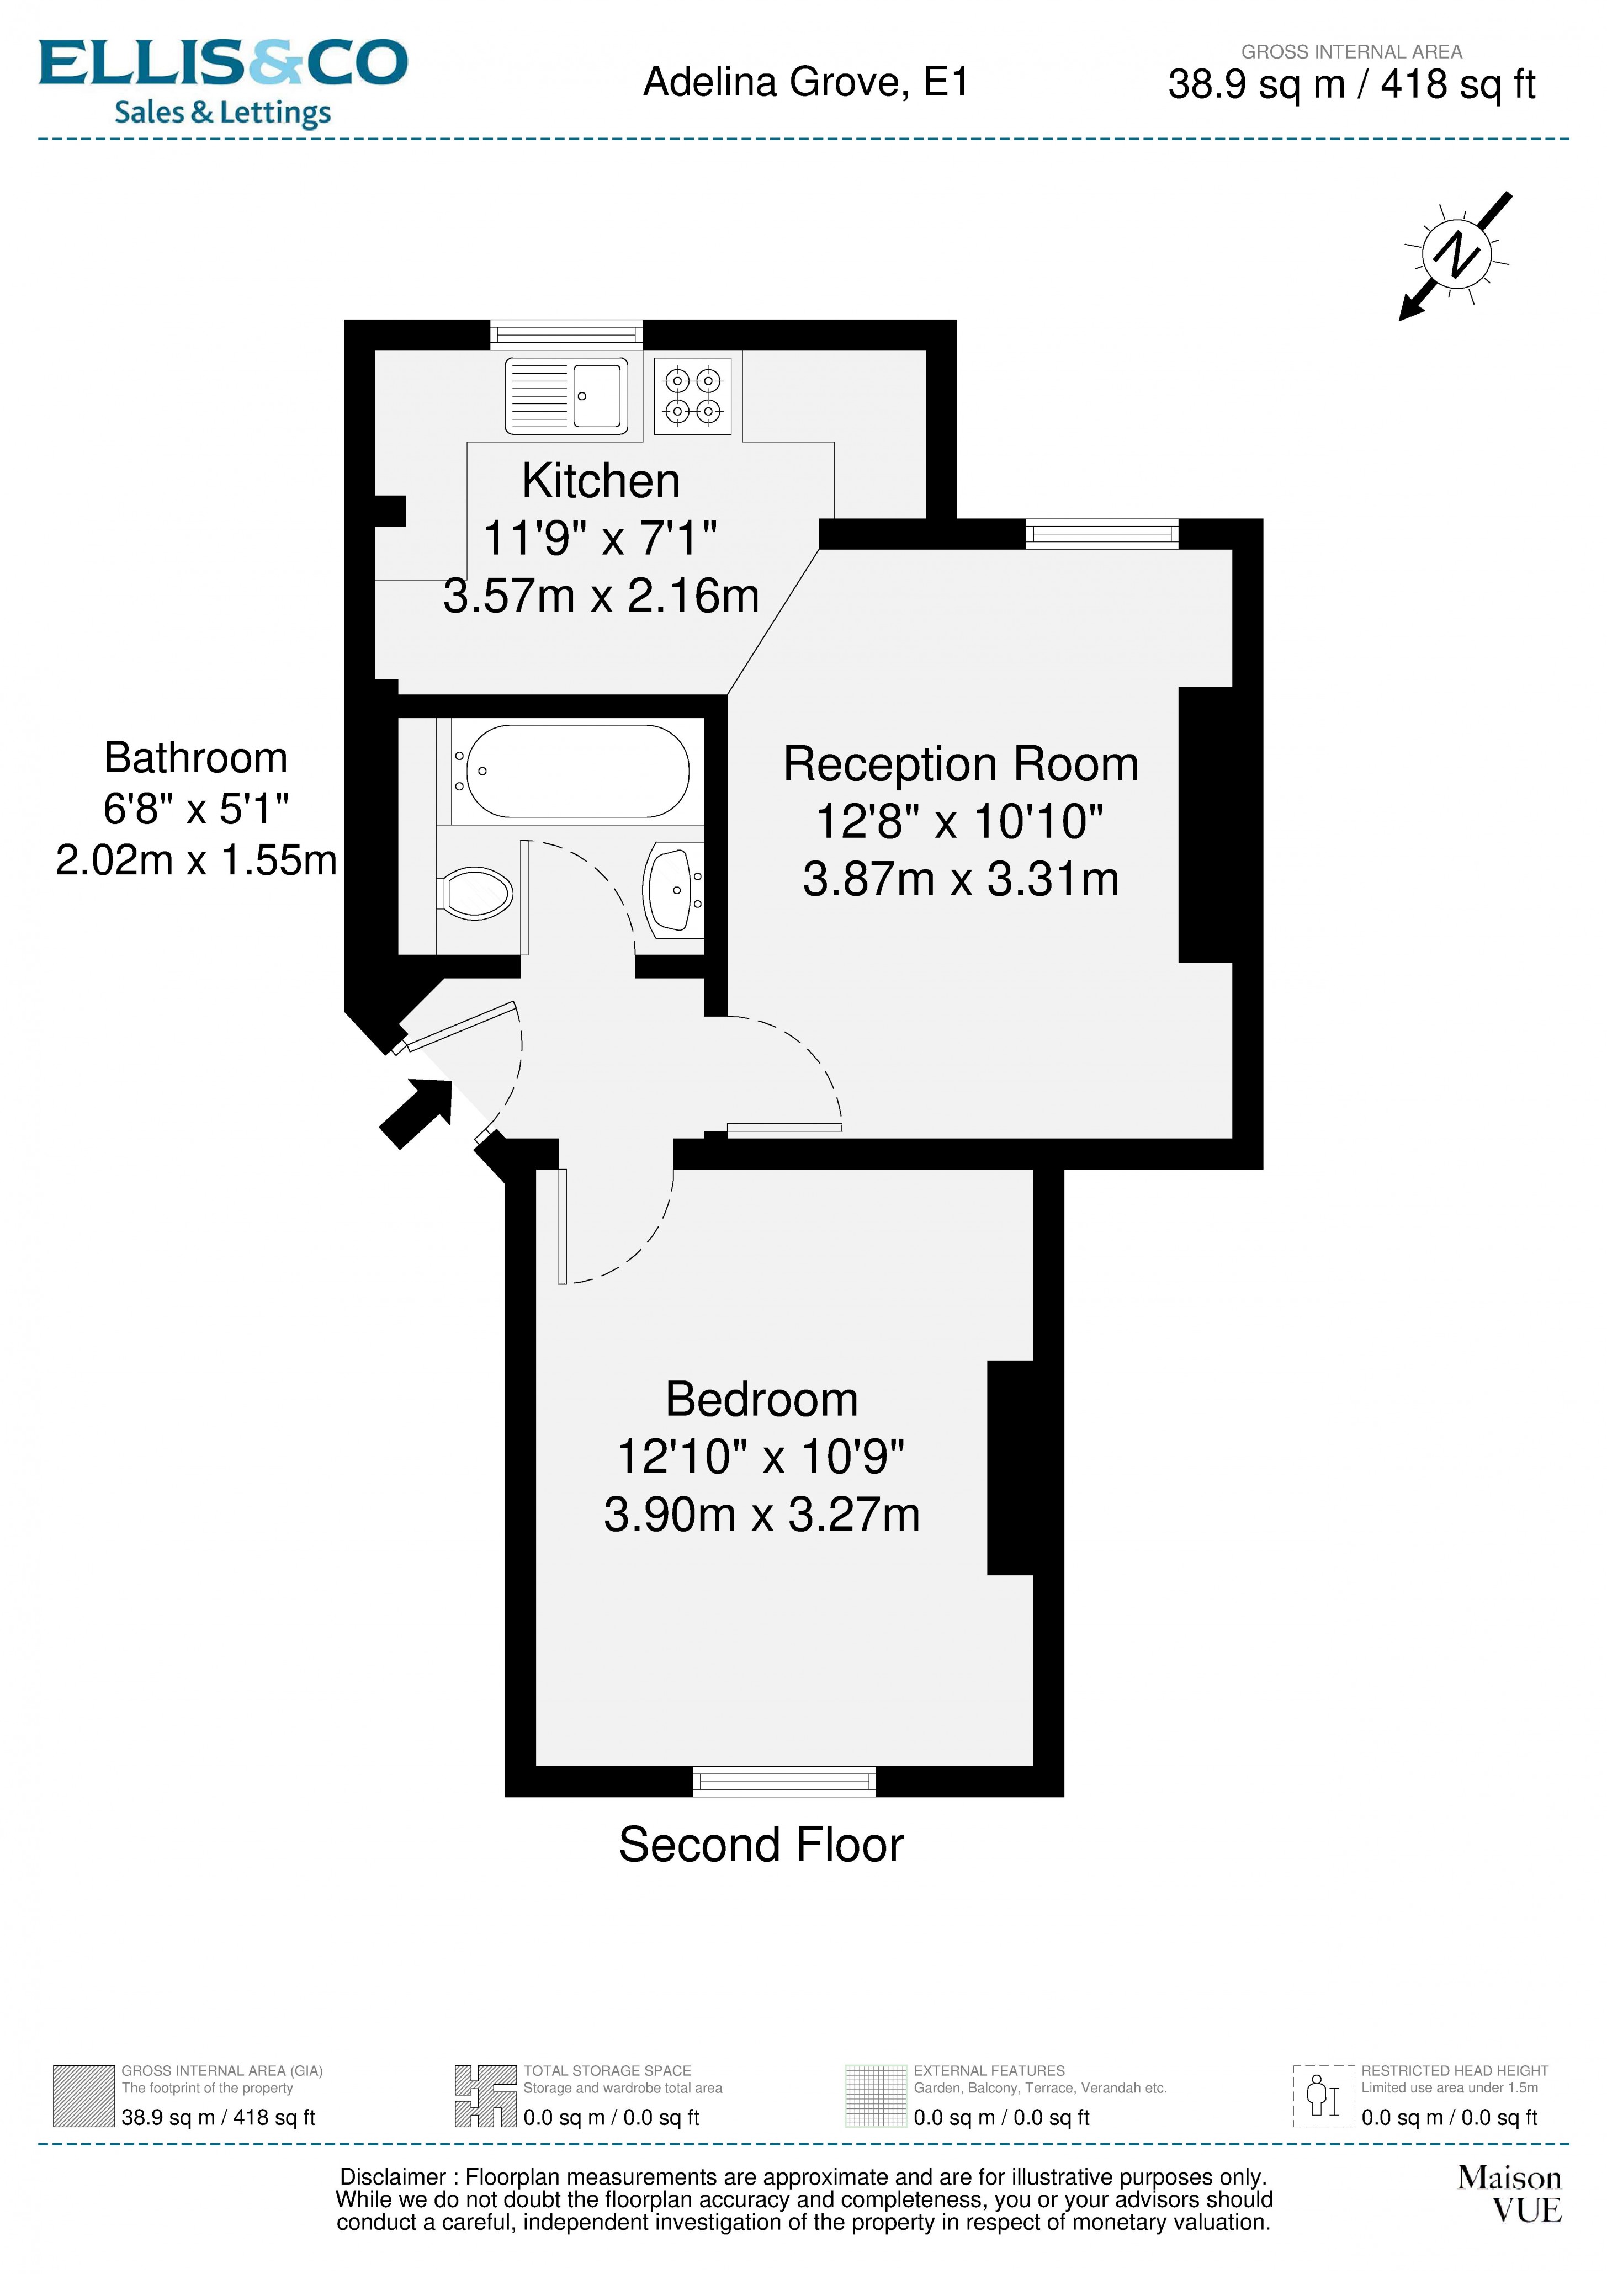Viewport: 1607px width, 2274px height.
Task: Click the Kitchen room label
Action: point(601,481)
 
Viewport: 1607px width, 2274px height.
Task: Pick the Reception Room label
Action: point(960,764)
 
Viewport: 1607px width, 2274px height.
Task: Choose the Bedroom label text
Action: point(761,1400)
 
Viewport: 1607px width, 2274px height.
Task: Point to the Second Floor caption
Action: point(761,1844)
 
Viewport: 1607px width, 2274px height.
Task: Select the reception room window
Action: point(1102,534)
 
